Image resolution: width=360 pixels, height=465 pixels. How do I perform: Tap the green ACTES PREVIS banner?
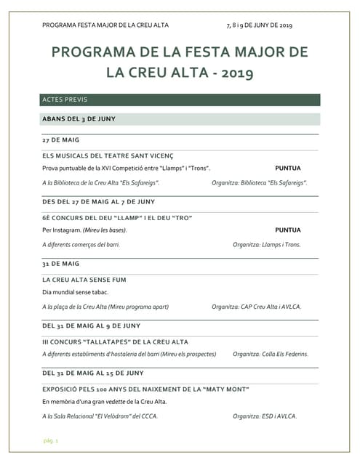180,100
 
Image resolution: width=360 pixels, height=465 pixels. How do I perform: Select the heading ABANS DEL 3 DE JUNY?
79,118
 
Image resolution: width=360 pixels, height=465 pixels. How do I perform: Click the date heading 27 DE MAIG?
61,139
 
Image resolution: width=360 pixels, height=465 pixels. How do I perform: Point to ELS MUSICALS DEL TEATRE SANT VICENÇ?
108,155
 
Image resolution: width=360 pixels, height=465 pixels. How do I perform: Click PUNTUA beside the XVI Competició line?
288,168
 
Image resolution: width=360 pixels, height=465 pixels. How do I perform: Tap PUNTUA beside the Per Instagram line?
288,230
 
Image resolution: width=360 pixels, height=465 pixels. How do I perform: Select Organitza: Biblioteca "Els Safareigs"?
260,183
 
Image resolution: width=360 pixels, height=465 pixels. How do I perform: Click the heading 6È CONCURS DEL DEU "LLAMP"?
117,217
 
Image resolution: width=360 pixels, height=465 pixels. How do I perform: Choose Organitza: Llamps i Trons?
267,245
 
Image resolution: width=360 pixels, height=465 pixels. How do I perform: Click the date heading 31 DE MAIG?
61,263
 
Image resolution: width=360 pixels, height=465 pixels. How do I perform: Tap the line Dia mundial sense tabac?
75,291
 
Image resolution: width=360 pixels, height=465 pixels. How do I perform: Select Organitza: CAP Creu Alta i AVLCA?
257,307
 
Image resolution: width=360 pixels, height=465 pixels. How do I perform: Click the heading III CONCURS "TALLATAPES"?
116,341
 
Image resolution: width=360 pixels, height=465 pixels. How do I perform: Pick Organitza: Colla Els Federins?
271,355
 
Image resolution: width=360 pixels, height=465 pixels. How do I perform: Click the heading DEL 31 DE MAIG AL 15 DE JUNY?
93,373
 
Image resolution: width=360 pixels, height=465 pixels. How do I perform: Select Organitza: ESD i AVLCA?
265,416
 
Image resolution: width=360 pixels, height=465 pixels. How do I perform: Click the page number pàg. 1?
50,441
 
